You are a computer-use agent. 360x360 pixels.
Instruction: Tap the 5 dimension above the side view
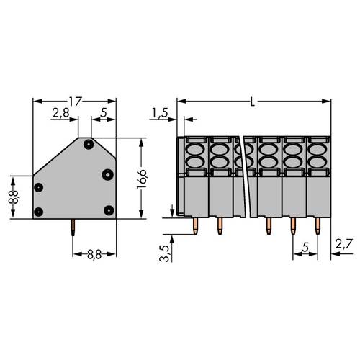pos(104,113)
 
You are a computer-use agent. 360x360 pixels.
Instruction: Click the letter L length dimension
pos(252,102)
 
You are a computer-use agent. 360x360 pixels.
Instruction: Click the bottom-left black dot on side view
pos(39,211)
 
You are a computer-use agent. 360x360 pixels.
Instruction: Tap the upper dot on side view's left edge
pos(39,187)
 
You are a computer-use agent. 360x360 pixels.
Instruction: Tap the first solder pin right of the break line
pos(268,226)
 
